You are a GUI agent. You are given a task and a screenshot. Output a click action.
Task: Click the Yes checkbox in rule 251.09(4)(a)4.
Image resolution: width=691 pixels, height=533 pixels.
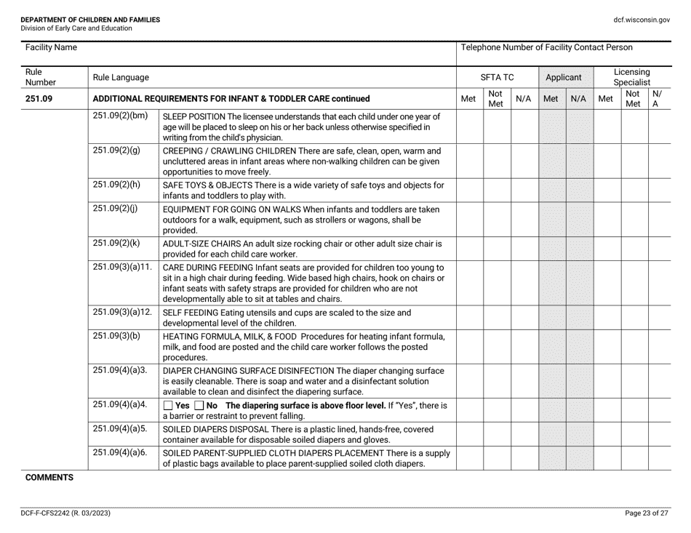tap(168, 405)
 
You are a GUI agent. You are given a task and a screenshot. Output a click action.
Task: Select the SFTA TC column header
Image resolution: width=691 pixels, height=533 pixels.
tap(498, 76)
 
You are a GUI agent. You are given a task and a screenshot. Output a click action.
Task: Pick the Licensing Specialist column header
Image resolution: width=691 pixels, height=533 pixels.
tap(632, 76)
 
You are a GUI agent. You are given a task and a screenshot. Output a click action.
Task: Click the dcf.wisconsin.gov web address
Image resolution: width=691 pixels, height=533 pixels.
tap(642, 20)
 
